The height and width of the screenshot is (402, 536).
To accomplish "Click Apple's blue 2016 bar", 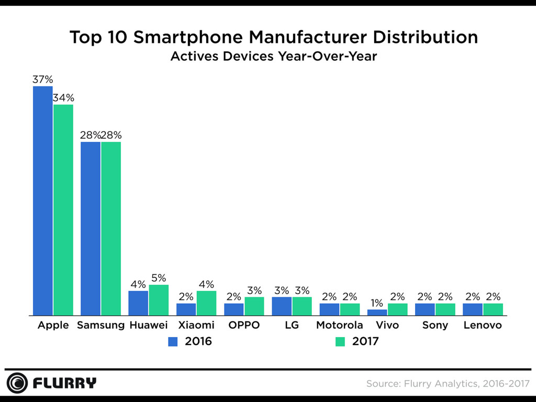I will [43, 201].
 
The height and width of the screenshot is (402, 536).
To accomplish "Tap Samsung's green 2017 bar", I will [111, 229].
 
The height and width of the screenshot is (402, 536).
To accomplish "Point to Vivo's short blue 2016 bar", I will [377, 312].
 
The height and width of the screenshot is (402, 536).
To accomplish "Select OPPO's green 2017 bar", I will [254, 307].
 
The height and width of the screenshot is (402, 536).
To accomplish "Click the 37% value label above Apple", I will [43, 80].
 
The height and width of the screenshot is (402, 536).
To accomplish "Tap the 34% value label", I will [63, 98].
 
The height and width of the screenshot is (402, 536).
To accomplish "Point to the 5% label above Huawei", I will [159, 278].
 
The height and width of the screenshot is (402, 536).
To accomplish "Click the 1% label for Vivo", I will [377, 303].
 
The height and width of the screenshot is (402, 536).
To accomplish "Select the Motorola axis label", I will [339, 325].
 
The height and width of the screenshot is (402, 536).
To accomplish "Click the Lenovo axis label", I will [483, 325].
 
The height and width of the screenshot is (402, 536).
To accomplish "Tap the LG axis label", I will [292, 325].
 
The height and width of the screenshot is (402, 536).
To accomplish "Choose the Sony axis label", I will [435, 325].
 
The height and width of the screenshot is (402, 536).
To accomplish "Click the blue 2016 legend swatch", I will [173, 342].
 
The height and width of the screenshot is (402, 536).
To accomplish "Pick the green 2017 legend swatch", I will [340, 342].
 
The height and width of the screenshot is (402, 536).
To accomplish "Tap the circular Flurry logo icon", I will [17, 383].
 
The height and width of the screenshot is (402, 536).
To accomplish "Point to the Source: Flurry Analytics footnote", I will [448, 384].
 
